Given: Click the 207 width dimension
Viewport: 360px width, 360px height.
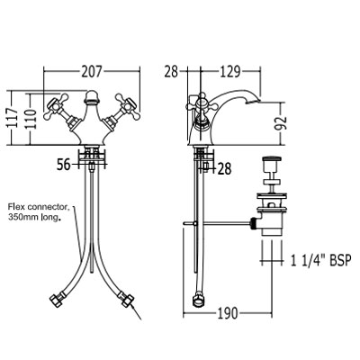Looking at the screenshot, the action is pyautogui.click(x=92, y=72).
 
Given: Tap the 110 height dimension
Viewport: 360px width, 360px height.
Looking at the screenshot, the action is pyautogui.click(x=31, y=119).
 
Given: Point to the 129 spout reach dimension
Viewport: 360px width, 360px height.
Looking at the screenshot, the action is pyautogui.click(x=229, y=72).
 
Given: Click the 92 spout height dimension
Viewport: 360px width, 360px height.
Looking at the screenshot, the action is pyautogui.click(x=281, y=123).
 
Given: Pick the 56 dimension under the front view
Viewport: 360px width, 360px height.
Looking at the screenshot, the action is pyautogui.click(x=64, y=165).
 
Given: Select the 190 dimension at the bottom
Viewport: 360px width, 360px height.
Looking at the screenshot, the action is pyautogui.click(x=228, y=314).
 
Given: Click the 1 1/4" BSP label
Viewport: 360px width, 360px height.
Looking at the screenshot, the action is pyautogui.click(x=320, y=260).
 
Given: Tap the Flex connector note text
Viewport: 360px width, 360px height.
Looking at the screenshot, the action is pyautogui.click(x=39, y=211).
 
